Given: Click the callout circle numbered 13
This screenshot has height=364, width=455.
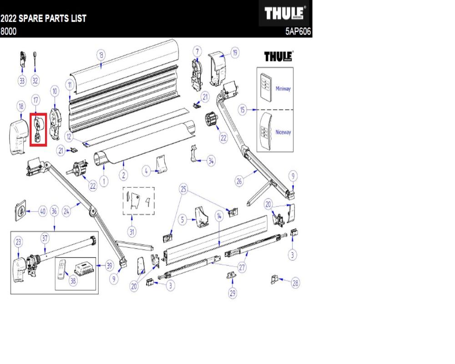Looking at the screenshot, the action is pos(101,55).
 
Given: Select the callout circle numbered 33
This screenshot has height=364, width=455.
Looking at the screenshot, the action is pos(22,81).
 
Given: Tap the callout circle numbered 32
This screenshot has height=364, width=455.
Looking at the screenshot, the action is pos(35,81).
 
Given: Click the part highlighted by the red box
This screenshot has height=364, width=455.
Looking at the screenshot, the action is pos(38,130).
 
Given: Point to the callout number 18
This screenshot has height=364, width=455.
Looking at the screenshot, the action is pos(21,106).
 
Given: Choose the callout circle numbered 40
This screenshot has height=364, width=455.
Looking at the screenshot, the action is pos(43,211).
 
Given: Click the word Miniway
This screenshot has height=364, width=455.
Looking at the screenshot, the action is pos(283,89).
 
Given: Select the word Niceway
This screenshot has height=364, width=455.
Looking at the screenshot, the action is pos(283,132).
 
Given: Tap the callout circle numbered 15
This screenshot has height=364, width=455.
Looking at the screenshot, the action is pos(243,110).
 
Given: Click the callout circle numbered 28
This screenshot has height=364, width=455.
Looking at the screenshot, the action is pos(295,283).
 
